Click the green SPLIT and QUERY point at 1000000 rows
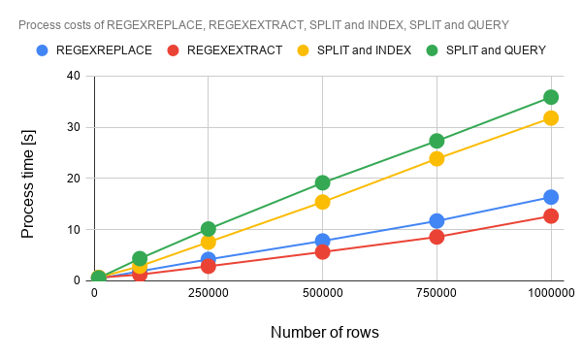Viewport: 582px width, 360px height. click(x=551, y=97)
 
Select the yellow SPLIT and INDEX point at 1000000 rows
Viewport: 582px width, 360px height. click(x=551, y=118)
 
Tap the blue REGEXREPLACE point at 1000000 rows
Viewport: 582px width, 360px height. click(x=551, y=197)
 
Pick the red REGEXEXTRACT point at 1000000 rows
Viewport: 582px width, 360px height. click(x=551, y=216)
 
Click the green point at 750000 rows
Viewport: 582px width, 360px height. click(x=436, y=141)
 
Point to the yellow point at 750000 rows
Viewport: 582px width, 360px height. click(x=436, y=159)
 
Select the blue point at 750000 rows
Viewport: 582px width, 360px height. click(x=436, y=221)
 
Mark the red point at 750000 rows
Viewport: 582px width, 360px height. click(x=436, y=237)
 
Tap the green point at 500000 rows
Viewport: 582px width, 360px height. click(x=323, y=182)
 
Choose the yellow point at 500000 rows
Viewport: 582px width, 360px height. click(x=323, y=202)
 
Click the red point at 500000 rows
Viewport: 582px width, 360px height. click(x=323, y=252)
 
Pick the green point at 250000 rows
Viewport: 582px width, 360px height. click(x=209, y=229)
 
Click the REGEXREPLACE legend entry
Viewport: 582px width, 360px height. click(x=94, y=50)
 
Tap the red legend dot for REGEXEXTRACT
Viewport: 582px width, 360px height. click(x=173, y=50)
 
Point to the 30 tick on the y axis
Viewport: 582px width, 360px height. click(x=74, y=127)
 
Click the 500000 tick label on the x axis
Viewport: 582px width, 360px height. click(x=323, y=293)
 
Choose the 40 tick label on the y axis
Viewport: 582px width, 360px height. click(x=74, y=76)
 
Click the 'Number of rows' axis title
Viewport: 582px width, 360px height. click(x=325, y=332)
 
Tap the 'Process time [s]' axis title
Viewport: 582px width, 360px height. click(x=28, y=184)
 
